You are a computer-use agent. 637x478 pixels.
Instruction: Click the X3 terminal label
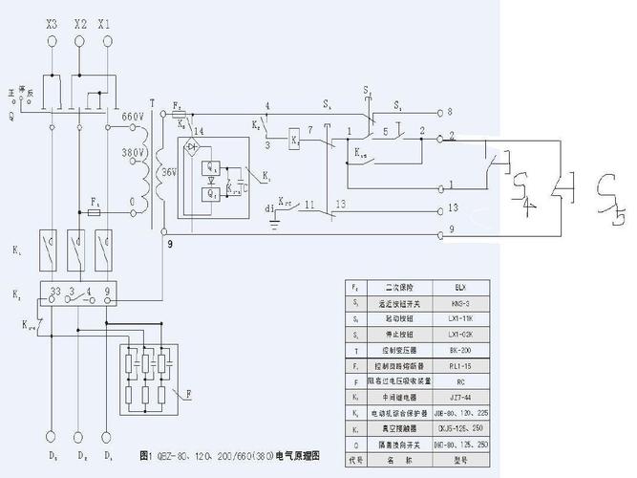[x=52, y=20]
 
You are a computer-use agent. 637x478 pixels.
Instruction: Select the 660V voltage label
[x=135, y=117]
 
